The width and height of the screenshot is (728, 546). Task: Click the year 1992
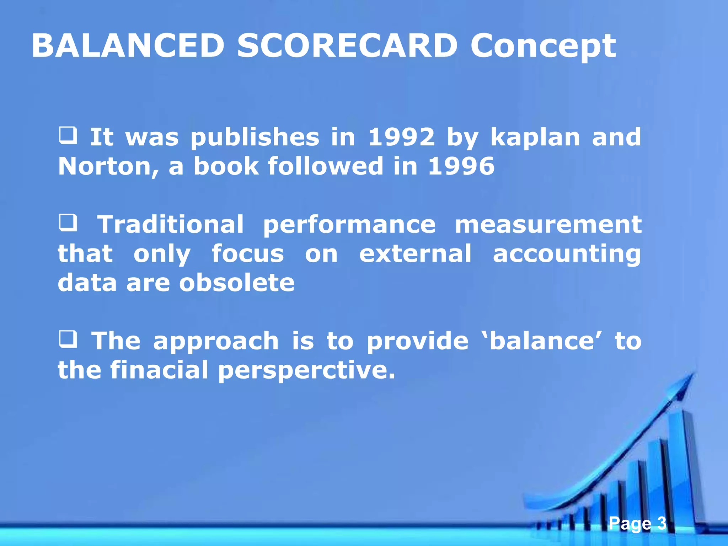coord(401,137)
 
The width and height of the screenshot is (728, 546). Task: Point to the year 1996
coord(461,166)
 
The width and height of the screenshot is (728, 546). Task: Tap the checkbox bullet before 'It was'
coord(68,136)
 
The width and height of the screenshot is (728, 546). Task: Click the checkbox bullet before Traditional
coord(68,223)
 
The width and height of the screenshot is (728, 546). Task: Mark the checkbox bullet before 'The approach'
coord(68,339)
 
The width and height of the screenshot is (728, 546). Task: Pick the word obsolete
coord(237,283)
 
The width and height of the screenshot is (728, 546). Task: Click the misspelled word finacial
coord(159,370)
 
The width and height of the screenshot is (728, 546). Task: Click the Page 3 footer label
coord(637,523)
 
